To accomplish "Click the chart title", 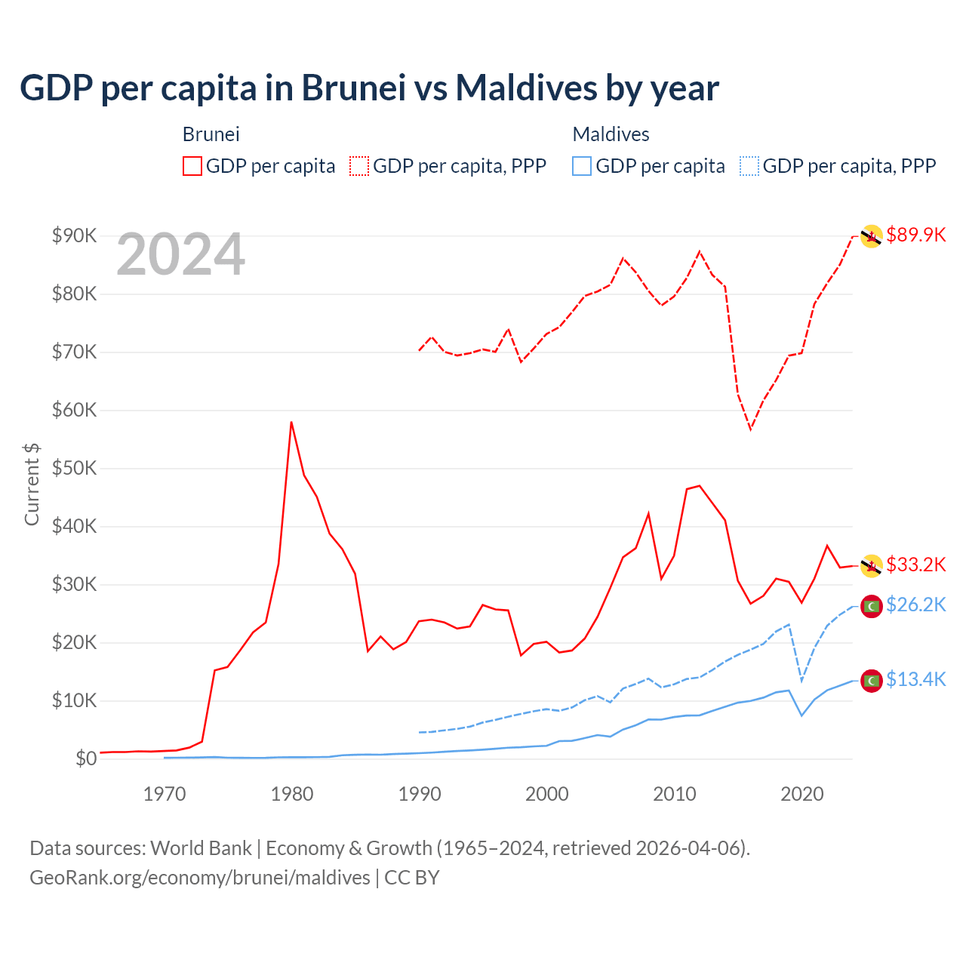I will click(369, 88).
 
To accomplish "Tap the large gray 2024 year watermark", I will click(181, 254).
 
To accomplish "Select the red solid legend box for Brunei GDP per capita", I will click(192, 166).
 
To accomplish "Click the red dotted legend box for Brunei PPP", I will click(359, 166).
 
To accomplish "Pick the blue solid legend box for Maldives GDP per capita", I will click(582, 166).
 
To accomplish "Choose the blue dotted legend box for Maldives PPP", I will click(749, 166).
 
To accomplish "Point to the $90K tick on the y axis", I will click(75, 235).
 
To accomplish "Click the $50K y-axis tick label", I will click(75, 468).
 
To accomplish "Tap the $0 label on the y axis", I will click(86, 758).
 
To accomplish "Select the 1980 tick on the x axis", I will click(292, 794).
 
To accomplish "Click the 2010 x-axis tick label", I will click(675, 794).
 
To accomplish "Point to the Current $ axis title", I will click(32, 484).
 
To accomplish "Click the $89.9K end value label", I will click(915, 235).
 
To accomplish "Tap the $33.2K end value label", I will click(915, 565).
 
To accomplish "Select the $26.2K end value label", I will click(915, 605).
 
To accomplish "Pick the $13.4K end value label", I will click(915, 679).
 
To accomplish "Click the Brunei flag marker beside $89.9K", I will click(872, 236).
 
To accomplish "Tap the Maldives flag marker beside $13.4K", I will click(872, 681).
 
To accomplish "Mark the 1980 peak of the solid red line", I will click(291, 423).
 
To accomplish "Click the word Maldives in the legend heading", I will click(611, 134).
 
